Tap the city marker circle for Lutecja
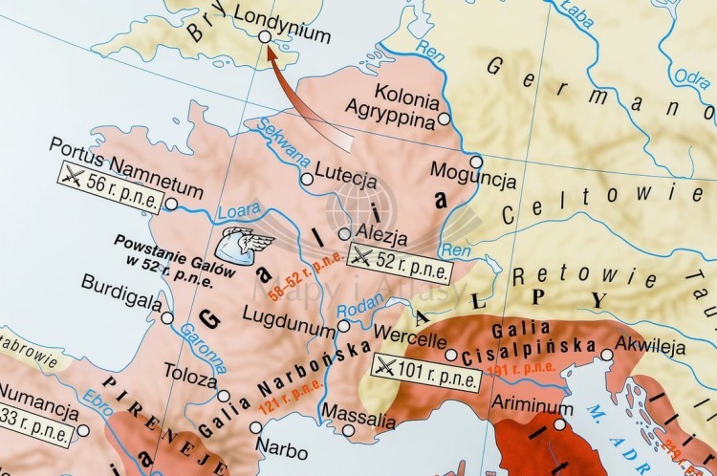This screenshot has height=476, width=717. [x=307, y=179]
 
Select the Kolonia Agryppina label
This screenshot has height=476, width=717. [x=394, y=108]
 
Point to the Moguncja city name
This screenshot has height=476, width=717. [x=473, y=180]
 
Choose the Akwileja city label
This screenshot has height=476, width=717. [x=651, y=346]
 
